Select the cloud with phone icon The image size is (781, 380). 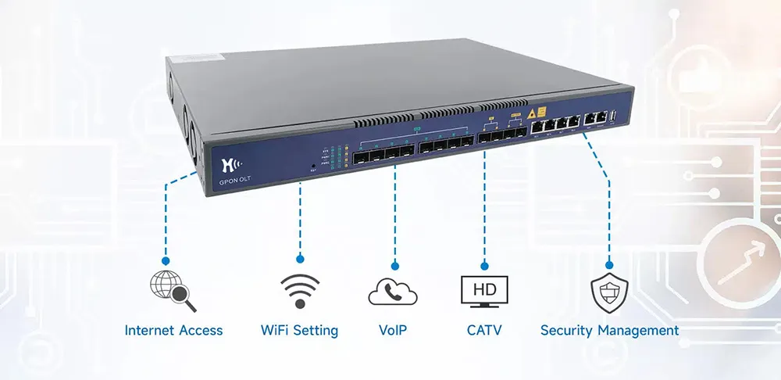393,293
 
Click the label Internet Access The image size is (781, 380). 173,331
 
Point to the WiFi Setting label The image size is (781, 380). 300,331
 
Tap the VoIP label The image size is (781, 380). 392,331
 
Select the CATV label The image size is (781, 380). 484,331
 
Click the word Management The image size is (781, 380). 638,331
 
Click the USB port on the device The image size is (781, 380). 614,117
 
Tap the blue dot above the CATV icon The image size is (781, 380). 484,264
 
